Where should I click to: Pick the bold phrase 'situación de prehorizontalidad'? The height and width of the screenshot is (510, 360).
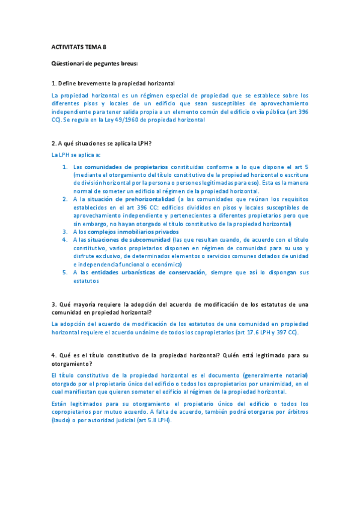coord(132,198)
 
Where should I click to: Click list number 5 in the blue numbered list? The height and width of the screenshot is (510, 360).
coord(65,272)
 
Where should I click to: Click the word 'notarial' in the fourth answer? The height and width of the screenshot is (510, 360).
coord(293,375)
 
